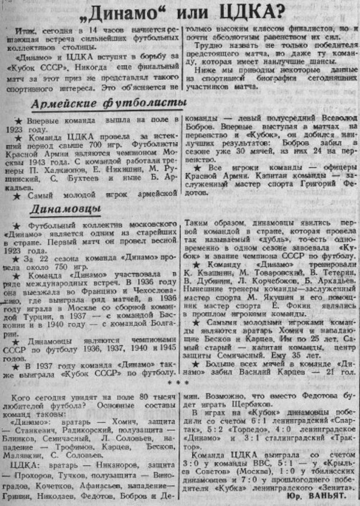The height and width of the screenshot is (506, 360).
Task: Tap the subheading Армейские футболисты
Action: tap(110, 104)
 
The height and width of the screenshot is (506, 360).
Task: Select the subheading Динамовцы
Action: tap(65, 209)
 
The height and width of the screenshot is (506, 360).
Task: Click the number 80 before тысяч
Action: tap(144, 398)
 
